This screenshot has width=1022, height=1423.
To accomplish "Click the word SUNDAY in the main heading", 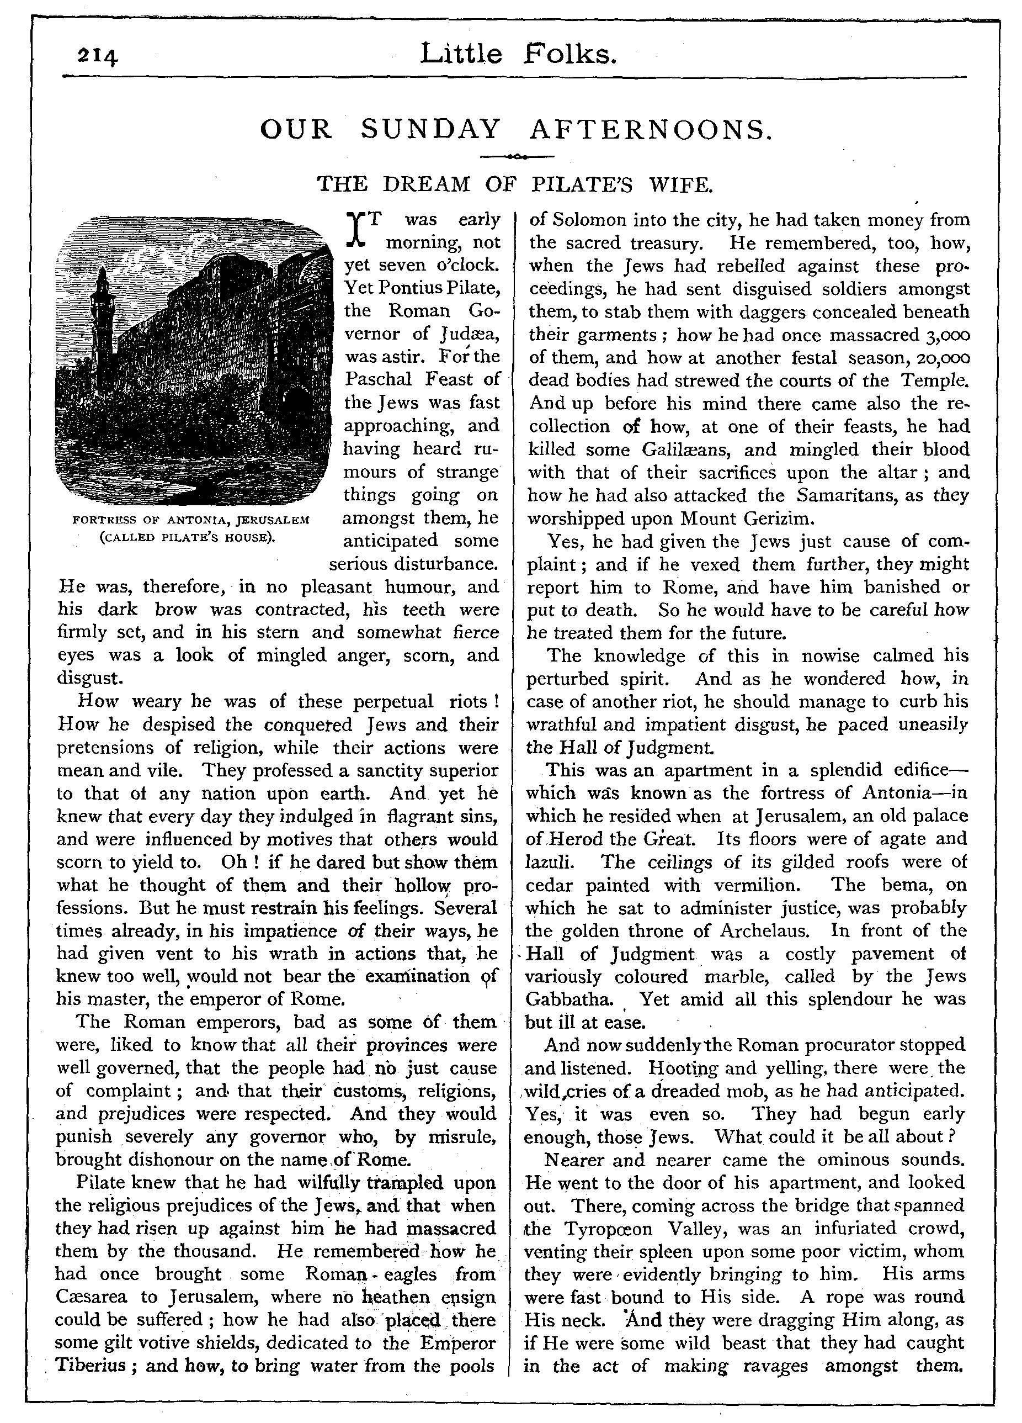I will tap(431, 129).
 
